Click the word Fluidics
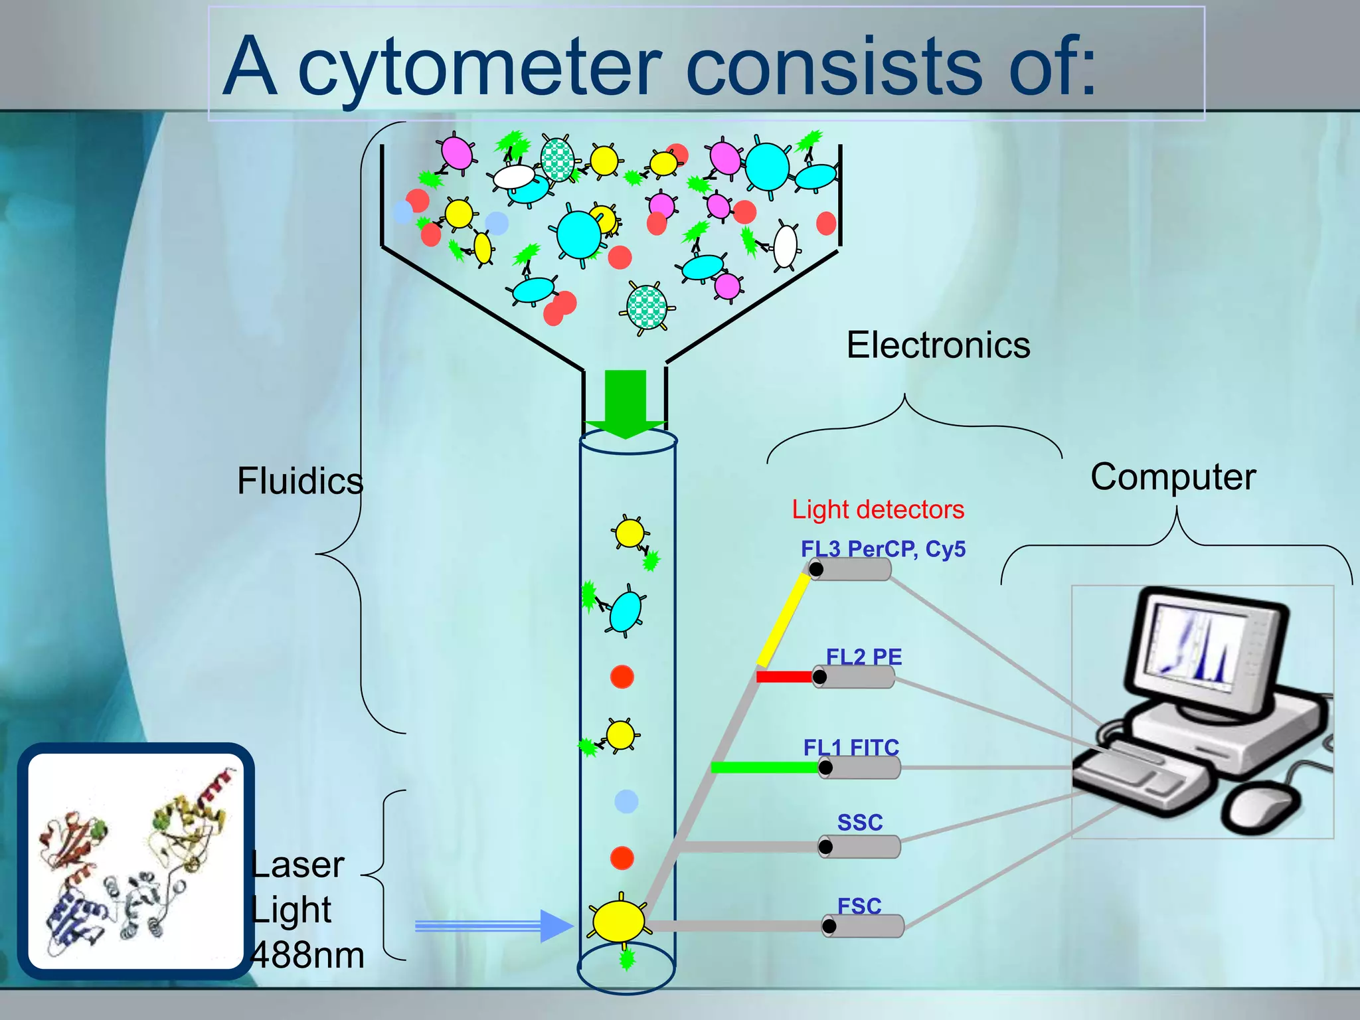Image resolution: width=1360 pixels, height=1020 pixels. click(300, 481)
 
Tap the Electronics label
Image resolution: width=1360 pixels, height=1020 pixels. click(938, 345)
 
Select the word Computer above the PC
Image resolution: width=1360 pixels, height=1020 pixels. click(1173, 477)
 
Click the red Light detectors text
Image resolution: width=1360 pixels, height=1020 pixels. click(877, 510)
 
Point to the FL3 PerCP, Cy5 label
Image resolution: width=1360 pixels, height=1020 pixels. click(883, 549)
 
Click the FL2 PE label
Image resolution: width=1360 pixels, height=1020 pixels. click(863, 657)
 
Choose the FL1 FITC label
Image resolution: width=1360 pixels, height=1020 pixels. click(851, 748)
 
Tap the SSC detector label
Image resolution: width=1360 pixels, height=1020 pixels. click(859, 823)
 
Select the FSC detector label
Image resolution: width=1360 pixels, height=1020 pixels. click(859, 906)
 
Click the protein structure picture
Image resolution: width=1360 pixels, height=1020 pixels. click(136, 861)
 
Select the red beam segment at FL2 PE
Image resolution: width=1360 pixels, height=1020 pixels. click(784, 677)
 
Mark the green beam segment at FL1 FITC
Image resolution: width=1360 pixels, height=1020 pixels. click(764, 768)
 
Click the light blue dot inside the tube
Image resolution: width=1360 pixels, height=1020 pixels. click(626, 802)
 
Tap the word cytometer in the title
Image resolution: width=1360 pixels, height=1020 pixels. click(479, 66)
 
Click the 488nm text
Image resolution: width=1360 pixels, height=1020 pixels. click(308, 955)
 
